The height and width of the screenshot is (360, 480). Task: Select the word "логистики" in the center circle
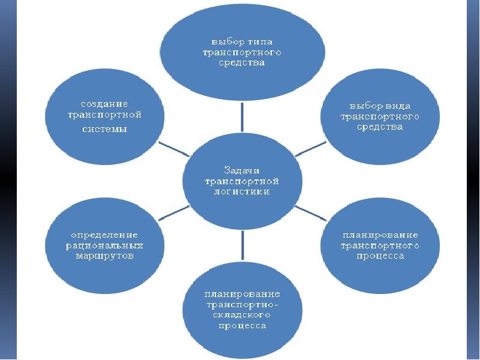tap(242, 191)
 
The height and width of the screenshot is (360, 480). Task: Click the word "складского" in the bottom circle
tap(242, 316)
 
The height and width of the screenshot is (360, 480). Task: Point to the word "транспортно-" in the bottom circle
tap(242, 305)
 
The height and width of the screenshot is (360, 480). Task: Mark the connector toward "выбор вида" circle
tap(311, 148)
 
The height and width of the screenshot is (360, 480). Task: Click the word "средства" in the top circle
tap(242, 62)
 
